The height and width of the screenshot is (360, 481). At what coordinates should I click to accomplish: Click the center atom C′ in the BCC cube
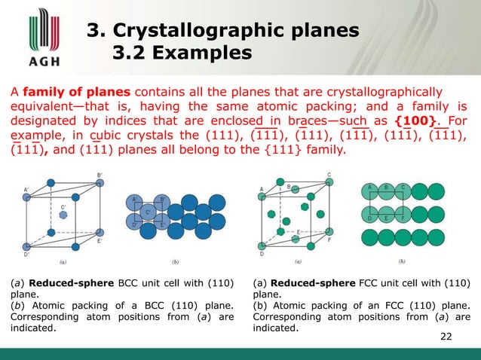pos(63,215)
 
